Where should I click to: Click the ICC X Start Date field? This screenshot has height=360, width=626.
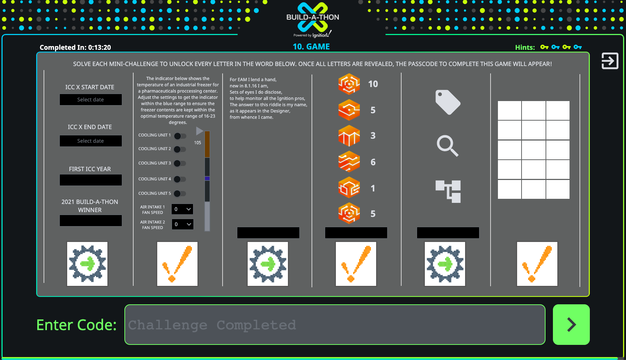(90, 100)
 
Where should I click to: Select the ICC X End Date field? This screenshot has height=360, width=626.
(90, 141)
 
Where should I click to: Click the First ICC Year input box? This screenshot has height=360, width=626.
(90, 180)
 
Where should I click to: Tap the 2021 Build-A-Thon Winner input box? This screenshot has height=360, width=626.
(90, 221)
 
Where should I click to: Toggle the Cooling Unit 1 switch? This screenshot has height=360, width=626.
(180, 136)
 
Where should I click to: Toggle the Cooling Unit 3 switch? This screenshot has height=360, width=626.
(180, 163)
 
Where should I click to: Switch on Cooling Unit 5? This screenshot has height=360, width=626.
(180, 194)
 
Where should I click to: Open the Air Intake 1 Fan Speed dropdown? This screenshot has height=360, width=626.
(182, 209)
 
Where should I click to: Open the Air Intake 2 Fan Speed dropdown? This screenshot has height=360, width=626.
(182, 224)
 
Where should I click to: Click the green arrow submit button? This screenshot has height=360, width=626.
(571, 325)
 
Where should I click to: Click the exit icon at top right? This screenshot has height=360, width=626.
(610, 61)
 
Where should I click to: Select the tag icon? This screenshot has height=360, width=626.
(448, 102)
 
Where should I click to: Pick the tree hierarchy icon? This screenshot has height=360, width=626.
(448, 191)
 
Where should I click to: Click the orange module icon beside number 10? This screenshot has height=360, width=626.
(349, 84)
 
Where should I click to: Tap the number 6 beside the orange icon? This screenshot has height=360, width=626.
(373, 162)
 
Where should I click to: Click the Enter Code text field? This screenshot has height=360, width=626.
(335, 325)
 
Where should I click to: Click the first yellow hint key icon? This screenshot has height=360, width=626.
(544, 47)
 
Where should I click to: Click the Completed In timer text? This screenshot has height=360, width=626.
(75, 47)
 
